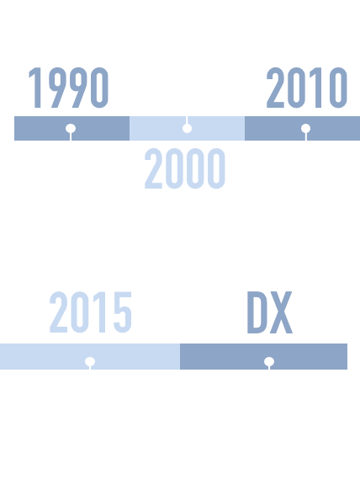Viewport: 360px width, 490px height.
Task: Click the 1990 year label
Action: (69, 88)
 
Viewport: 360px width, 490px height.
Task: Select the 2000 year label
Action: (185, 168)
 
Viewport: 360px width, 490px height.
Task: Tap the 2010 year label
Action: (307, 88)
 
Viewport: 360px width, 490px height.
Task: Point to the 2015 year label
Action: (91, 312)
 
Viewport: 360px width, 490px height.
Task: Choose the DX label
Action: (270, 312)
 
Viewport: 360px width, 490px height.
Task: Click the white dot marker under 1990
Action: (71, 128)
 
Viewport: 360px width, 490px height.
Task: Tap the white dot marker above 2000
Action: (187, 128)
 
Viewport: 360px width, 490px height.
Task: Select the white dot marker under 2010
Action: (305, 128)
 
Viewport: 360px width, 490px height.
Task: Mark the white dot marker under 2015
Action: (90, 361)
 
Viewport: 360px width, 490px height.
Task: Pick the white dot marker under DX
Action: (269, 361)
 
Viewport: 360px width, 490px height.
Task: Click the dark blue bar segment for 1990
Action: (71, 129)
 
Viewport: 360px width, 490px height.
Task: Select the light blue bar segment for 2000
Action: (187, 129)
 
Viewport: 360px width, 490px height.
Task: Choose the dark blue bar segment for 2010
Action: (302, 129)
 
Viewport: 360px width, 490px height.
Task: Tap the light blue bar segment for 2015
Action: (90, 357)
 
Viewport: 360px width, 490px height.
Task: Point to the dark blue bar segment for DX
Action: (263, 357)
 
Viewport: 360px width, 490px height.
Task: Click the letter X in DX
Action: (281, 312)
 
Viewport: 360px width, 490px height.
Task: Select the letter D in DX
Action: (258, 312)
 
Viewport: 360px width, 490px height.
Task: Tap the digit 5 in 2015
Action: (123, 312)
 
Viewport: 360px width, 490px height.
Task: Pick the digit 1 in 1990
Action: (35, 88)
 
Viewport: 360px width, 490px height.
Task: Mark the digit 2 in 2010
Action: (275, 88)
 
